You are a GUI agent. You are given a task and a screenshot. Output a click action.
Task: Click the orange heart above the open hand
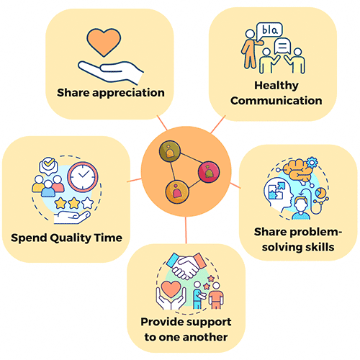click(104, 41)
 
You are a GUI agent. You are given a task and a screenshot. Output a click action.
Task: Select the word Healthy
click(276, 86)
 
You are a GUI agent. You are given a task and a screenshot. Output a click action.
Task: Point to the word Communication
click(276, 101)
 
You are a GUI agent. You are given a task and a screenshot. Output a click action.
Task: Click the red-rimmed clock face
click(83, 176)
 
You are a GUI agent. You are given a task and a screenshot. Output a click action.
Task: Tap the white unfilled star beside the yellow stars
click(87, 203)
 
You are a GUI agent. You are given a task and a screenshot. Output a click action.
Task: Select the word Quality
click(71, 238)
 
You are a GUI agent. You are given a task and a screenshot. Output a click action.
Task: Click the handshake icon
click(186, 266)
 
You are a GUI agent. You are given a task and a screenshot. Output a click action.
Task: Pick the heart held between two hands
click(171, 289)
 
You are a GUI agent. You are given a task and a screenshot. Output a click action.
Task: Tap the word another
click(206, 337)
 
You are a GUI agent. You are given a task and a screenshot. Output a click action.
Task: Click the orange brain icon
click(297, 170)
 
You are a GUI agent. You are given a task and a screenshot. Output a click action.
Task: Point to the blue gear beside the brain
click(312, 163)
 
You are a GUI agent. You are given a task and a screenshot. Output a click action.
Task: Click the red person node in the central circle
click(209, 172)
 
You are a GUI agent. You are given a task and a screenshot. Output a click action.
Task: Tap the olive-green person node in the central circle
click(170, 151)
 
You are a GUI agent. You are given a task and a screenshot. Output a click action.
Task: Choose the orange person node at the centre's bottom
click(177, 192)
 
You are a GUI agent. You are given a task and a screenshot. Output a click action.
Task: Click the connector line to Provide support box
click(186, 230)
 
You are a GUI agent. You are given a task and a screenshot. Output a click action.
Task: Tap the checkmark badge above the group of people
click(49, 165)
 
